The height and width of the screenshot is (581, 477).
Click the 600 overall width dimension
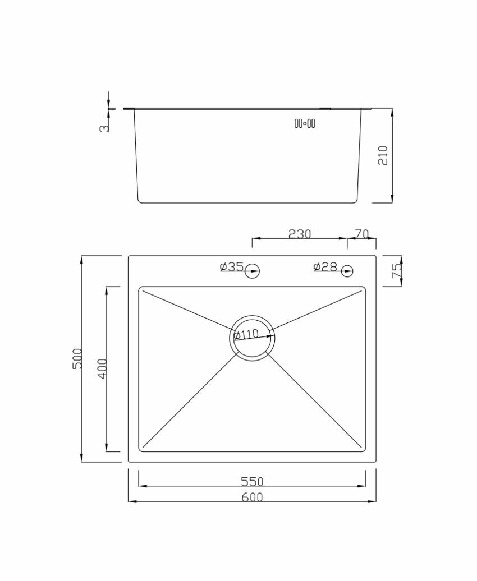(252, 497)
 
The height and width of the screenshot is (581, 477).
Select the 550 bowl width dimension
(252, 481)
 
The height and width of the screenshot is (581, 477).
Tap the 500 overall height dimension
(77, 358)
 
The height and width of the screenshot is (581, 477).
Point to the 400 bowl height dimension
(102, 368)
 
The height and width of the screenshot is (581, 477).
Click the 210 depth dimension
(382, 155)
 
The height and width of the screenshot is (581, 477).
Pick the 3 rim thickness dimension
(104, 128)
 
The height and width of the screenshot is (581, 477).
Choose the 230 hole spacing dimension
(299, 234)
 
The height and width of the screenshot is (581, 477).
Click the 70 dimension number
(361, 234)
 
